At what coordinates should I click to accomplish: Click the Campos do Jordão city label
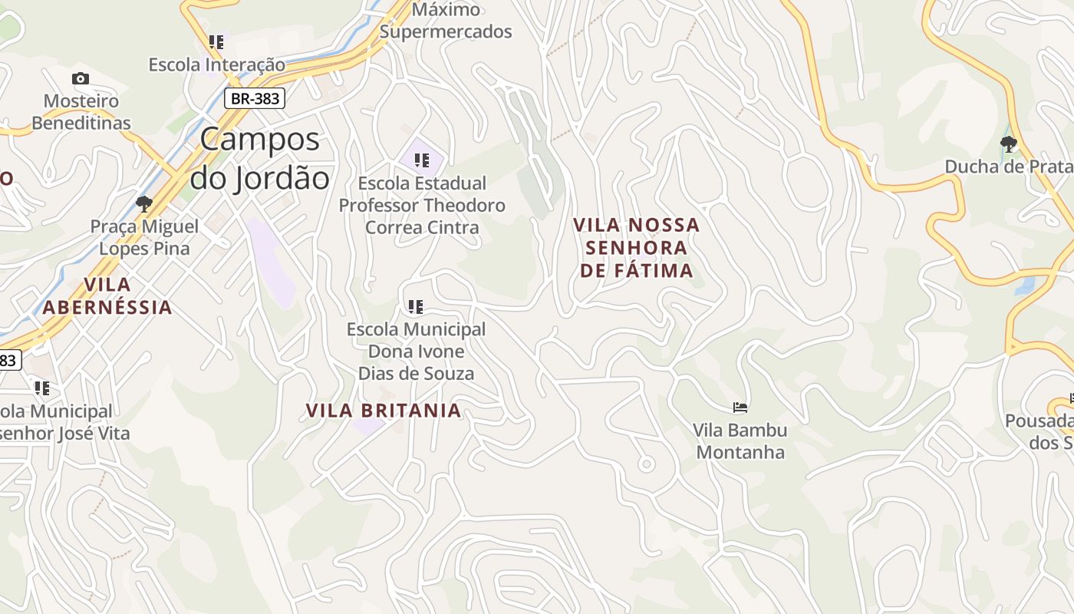(x=259, y=159)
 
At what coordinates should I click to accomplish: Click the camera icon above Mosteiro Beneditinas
(x=80, y=78)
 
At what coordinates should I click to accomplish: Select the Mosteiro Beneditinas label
(x=81, y=112)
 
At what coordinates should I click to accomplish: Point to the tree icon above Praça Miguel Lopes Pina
(x=143, y=204)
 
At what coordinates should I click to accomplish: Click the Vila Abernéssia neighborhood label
(x=107, y=295)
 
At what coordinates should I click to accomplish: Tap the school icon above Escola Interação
(x=216, y=42)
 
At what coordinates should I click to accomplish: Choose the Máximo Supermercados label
(x=446, y=21)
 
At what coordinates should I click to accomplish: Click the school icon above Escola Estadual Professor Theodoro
(x=421, y=160)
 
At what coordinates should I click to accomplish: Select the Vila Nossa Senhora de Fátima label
(x=637, y=247)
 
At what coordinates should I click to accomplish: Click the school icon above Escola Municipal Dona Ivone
(x=416, y=308)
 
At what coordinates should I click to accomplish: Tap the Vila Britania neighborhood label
(x=384, y=411)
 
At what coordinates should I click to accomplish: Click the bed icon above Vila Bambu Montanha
(x=740, y=408)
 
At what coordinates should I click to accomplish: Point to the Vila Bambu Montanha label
(x=740, y=441)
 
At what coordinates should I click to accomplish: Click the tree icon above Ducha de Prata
(x=1009, y=144)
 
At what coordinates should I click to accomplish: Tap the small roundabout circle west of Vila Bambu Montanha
(x=646, y=464)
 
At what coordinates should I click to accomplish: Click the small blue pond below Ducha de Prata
(x=1024, y=286)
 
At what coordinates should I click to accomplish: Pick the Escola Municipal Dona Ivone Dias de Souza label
(x=416, y=352)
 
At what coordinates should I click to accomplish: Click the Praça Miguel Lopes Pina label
(x=144, y=237)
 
